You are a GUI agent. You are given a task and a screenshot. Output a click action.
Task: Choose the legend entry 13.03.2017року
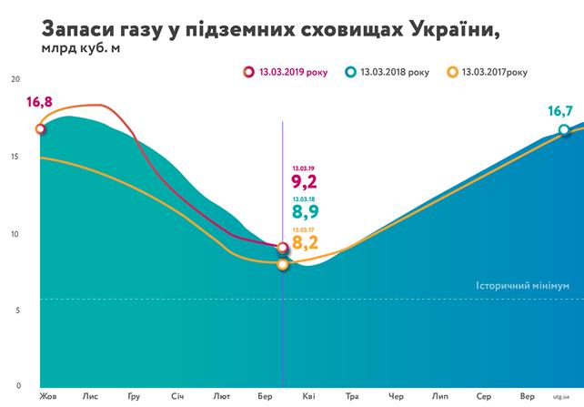click(x=488, y=71)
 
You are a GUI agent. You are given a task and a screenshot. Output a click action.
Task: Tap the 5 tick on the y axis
click(x=16, y=310)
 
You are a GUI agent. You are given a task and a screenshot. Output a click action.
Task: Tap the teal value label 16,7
click(x=559, y=111)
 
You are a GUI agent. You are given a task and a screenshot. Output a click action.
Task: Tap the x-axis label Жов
click(x=46, y=397)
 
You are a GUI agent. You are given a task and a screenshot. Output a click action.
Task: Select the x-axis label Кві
click(x=309, y=397)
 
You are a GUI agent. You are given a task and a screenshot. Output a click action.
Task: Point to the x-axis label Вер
click(x=527, y=397)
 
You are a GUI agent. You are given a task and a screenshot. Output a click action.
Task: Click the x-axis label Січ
click(x=177, y=397)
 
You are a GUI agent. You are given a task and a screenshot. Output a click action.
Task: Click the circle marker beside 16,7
click(x=564, y=130)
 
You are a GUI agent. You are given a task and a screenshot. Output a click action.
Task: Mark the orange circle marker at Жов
click(x=40, y=129)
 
